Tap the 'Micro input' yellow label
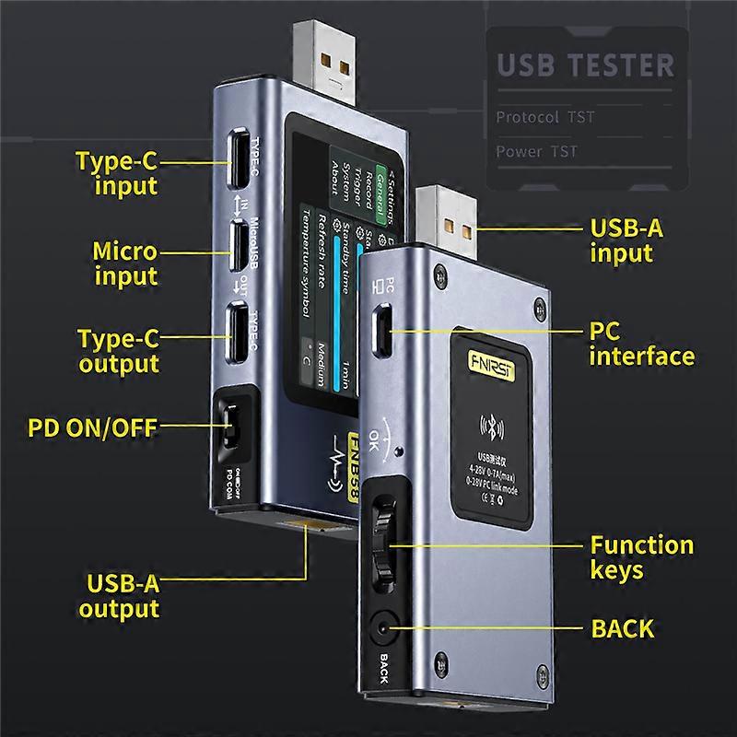point(124,263)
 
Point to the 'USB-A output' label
point(119,595)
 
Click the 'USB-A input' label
point(626,241)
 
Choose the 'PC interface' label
point(641,343)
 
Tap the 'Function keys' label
point(641,557)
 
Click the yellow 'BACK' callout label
point(622,629)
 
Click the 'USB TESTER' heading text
point(586,66)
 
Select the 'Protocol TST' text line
point(545,117)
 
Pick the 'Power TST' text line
point(537,151)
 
